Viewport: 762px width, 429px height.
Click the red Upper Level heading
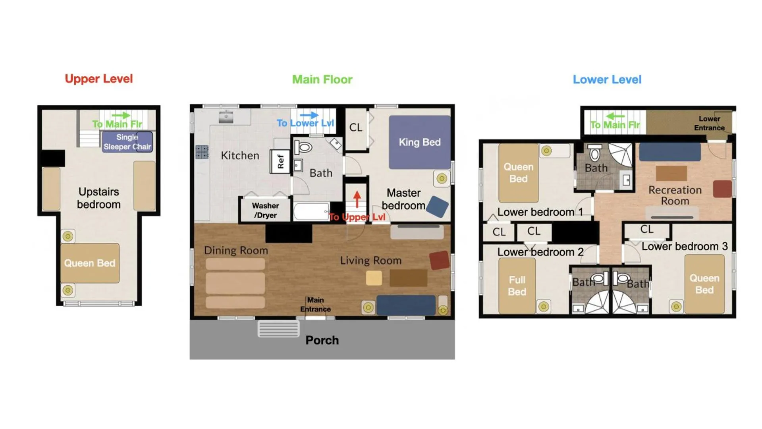pos(99,79)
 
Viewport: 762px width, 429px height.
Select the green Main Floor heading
pos(322,79)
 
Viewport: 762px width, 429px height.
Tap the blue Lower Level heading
pos(607,79)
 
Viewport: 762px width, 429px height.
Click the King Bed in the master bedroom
pos(419,142)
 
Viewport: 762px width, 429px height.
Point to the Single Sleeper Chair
pos(127,142)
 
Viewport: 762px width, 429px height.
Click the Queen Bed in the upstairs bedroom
pos(90,263)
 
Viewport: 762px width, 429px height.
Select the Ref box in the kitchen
pos(280,161)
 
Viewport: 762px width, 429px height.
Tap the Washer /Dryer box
pos(265,210)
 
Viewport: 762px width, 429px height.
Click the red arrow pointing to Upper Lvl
pos(357,199)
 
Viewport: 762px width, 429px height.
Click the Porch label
pos(322,340)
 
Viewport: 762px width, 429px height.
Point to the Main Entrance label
pos(315,305)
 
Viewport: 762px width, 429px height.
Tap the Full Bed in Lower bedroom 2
pos(517,286)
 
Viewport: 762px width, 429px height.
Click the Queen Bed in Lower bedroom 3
pos(704,284)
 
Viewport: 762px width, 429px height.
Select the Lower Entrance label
pos(709,123)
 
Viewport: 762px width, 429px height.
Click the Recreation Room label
pos(675,195)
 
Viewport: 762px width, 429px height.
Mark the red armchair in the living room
pos(439,261)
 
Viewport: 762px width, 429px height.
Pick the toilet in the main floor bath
pos(303,148)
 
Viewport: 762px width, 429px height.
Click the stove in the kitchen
pos(202,152)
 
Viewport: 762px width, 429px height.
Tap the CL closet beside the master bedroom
pos(356,128)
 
